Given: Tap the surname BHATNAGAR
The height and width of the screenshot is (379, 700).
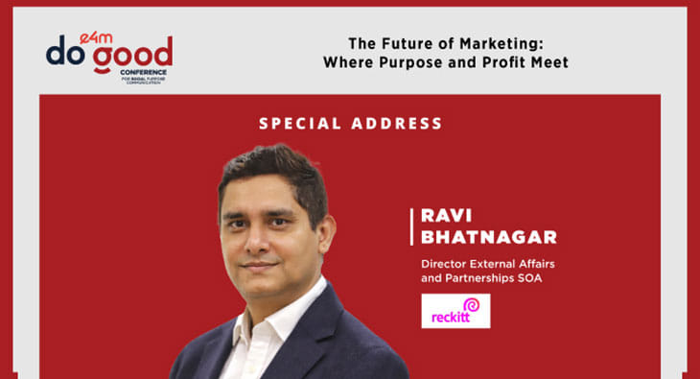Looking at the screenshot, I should tap(476, 236).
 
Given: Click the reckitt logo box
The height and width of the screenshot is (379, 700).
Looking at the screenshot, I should tap(455, 311).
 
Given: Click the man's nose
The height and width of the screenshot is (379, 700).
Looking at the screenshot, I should tap(261, 243).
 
